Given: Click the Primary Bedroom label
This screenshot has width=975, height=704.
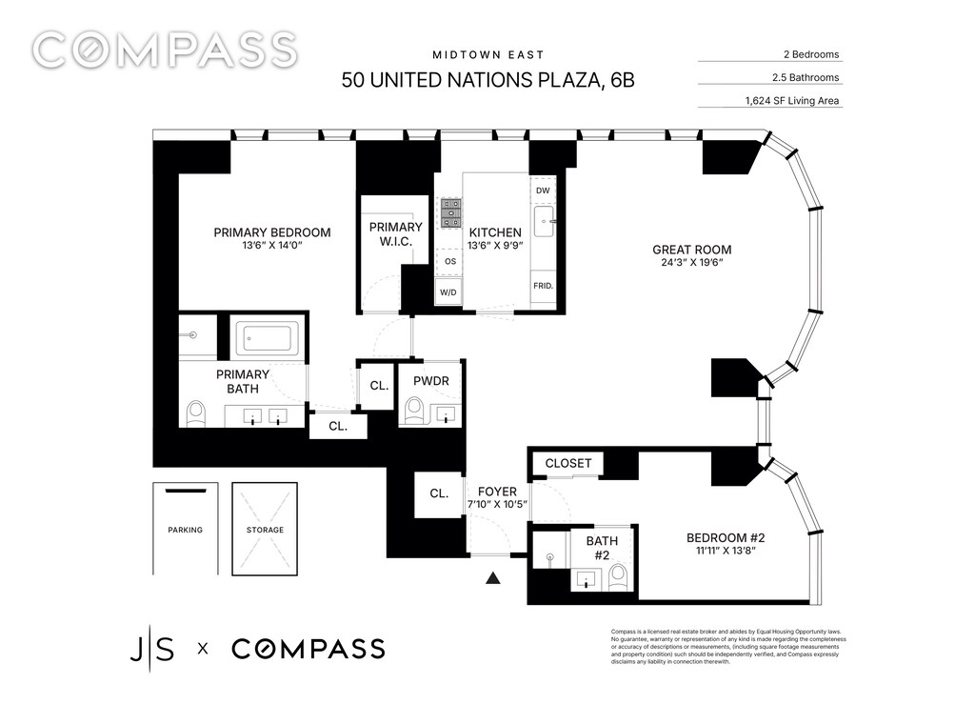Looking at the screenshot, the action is coord(272,232).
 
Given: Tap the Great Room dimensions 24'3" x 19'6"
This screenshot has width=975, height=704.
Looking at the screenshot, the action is coord(691,262).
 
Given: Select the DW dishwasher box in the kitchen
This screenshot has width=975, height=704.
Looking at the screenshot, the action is coord(543,191).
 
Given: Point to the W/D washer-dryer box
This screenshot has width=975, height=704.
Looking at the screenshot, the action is coord(448,292).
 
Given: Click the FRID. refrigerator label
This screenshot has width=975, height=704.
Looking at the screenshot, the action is coord(543,286).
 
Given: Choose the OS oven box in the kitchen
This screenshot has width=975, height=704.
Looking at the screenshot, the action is coord(449,261).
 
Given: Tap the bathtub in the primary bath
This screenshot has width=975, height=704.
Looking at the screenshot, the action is coord(268,339).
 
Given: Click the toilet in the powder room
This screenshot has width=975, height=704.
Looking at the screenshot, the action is coord(413,412).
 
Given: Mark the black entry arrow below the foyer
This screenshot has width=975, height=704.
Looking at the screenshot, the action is coord(493,578).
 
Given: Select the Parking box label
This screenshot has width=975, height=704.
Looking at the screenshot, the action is coord(186,530).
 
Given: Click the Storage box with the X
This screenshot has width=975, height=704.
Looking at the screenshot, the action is coord(265,530).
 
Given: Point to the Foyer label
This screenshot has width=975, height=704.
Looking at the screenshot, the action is coord(497,492).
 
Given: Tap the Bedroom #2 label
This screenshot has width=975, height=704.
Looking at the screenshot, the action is coord(726,538).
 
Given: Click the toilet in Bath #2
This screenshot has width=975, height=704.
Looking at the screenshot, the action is coord(618,577).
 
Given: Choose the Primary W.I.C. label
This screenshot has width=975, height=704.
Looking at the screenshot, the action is coord(395,233).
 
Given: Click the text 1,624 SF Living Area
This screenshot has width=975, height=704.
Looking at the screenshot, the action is coord(792,101).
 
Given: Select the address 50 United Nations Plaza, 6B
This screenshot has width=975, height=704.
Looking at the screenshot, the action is coord(488,80).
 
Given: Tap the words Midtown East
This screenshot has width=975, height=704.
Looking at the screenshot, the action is coord(488,54).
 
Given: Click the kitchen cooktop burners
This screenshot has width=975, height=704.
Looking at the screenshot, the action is coord(451,213).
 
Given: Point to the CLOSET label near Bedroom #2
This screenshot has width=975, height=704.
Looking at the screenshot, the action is coord(568,463).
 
